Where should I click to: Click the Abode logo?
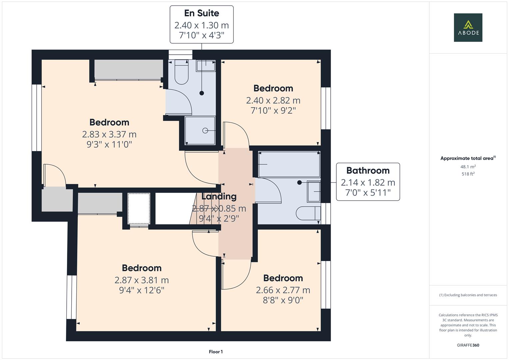(x=468, y=27)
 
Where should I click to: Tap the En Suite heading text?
(x=202, y=13)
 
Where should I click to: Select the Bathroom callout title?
(x=368, y=170)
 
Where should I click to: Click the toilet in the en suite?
(x=181, y=72)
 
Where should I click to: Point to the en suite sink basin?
(x=206, y=66)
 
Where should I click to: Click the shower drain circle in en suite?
(x=205, y=130)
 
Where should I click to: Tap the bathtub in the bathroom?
(x=289, y=164)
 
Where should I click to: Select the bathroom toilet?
(x=308, y=213)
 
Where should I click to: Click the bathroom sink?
(x=314, y=191)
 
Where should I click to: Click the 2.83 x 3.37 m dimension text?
(x=109, y=134)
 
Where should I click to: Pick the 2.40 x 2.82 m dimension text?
(x=273, y=100)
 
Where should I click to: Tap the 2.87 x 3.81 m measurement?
(x=142, y=280)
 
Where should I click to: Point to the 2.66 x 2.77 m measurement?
(x=283, y=290)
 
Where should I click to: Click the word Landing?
(x=219, y=197)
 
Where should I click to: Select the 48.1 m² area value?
(x=468, y=167)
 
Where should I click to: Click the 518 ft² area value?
(x=468, y=174)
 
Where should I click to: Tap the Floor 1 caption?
(x=216, y=352)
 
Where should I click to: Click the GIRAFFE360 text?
(x=468, y=345)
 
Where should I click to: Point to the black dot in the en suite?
(x=202, y=93)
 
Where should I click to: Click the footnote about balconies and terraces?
(x=468, y=295)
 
